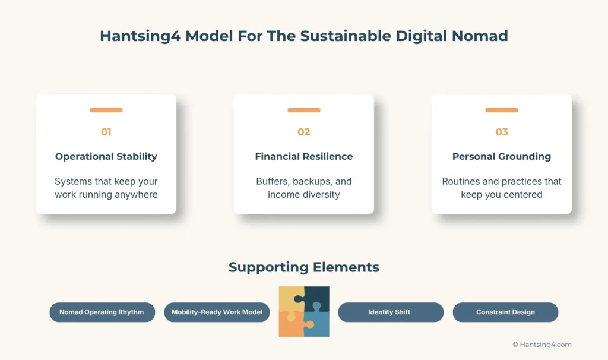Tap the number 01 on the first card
[106, 132]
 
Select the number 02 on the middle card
[303, 132]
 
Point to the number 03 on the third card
[502, 132]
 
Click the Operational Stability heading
[106, 157]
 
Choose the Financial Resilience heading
[303, 157]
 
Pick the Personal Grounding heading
[502, 157]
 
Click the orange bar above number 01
[106, 110]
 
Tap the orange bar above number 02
[303, 110]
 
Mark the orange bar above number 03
[502, 110]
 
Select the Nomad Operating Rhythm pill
[102, 312]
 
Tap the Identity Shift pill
[390, 312]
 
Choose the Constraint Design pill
[505, 312]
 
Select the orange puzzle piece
[291, 326]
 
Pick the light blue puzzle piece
[317, 324]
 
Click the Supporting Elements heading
[303, 267]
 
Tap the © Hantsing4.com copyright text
[541, 345]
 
